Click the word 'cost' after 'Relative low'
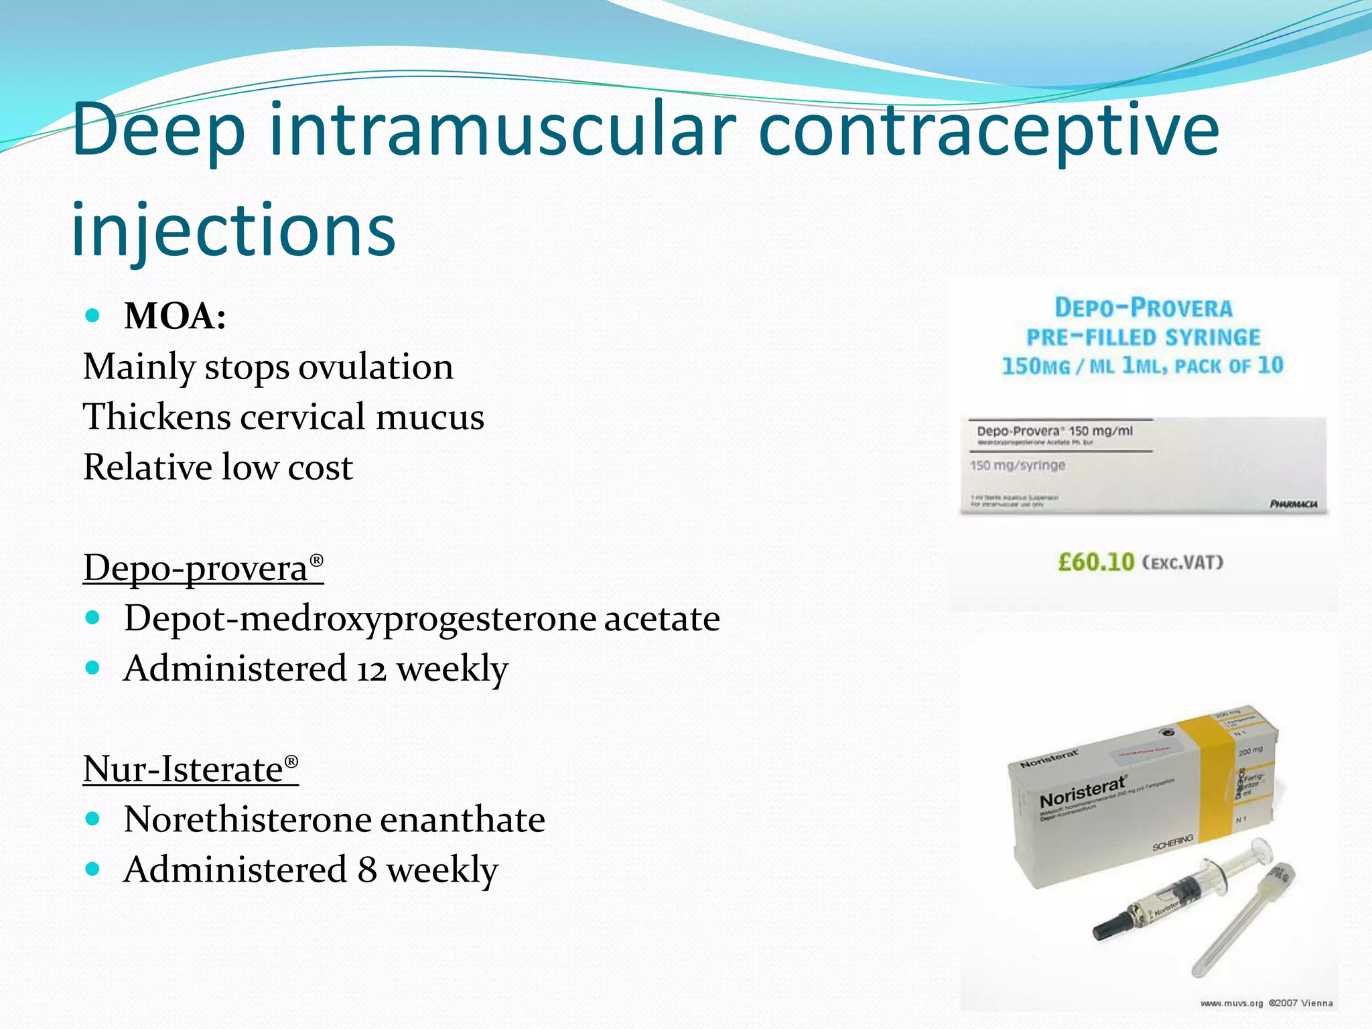coord(320,467)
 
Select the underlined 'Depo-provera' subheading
coord(203,568)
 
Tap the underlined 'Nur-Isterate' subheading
coord(190,769)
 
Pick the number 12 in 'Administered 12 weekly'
coord(371,669)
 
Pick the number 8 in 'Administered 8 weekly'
coord(366,870)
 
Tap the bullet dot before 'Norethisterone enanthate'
coord(93,819)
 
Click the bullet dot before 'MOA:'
coord(93,315)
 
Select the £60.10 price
coord(1096,561)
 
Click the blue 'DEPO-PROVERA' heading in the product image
coord(1143,308)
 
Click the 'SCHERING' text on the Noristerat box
coord(1172,843)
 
